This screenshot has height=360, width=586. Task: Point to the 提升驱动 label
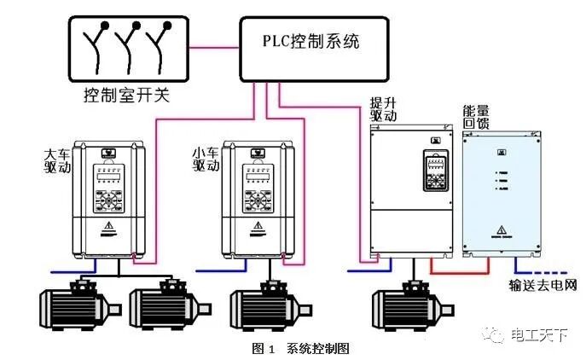(x=382, y=107)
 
